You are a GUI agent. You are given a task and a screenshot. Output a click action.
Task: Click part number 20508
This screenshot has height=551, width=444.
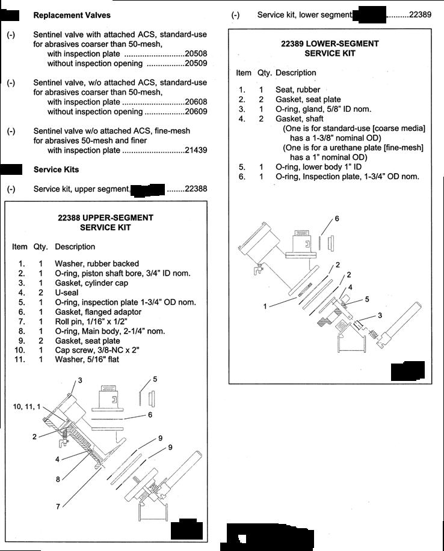196,53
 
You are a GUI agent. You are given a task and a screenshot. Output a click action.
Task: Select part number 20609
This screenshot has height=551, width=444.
196,112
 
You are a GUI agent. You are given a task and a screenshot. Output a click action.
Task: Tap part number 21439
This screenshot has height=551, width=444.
196,150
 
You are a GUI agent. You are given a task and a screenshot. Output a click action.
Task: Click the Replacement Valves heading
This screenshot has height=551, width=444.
72,16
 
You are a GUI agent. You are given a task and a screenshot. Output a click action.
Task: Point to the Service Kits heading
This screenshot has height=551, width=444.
57,169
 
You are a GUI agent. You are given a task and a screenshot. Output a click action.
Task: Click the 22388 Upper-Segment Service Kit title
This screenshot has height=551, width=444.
105,222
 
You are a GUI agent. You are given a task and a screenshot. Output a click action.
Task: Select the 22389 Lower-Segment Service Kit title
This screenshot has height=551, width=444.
330,49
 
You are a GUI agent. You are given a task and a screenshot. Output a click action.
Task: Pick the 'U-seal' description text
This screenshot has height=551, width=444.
67,293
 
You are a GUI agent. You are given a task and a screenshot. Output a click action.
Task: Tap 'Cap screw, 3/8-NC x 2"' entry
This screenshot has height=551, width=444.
97,350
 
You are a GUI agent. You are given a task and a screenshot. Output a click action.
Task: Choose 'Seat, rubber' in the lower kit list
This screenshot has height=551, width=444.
298,90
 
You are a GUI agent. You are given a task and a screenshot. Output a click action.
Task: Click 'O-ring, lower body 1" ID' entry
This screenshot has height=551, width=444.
318,167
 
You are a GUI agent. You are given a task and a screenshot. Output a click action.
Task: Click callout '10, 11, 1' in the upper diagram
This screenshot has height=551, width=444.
26,407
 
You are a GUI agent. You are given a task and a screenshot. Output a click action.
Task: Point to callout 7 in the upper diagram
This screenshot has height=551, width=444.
58,507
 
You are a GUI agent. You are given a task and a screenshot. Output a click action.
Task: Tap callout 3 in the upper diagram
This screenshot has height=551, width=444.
80,380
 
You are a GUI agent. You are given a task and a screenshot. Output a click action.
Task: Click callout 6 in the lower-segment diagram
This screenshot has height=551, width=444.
337,219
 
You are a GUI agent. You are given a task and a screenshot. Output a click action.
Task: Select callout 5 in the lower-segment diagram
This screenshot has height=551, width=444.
367,299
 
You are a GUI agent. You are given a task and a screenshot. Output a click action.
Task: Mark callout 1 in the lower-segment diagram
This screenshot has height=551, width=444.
265,306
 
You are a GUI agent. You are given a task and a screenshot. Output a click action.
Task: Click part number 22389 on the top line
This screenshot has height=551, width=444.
420,15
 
